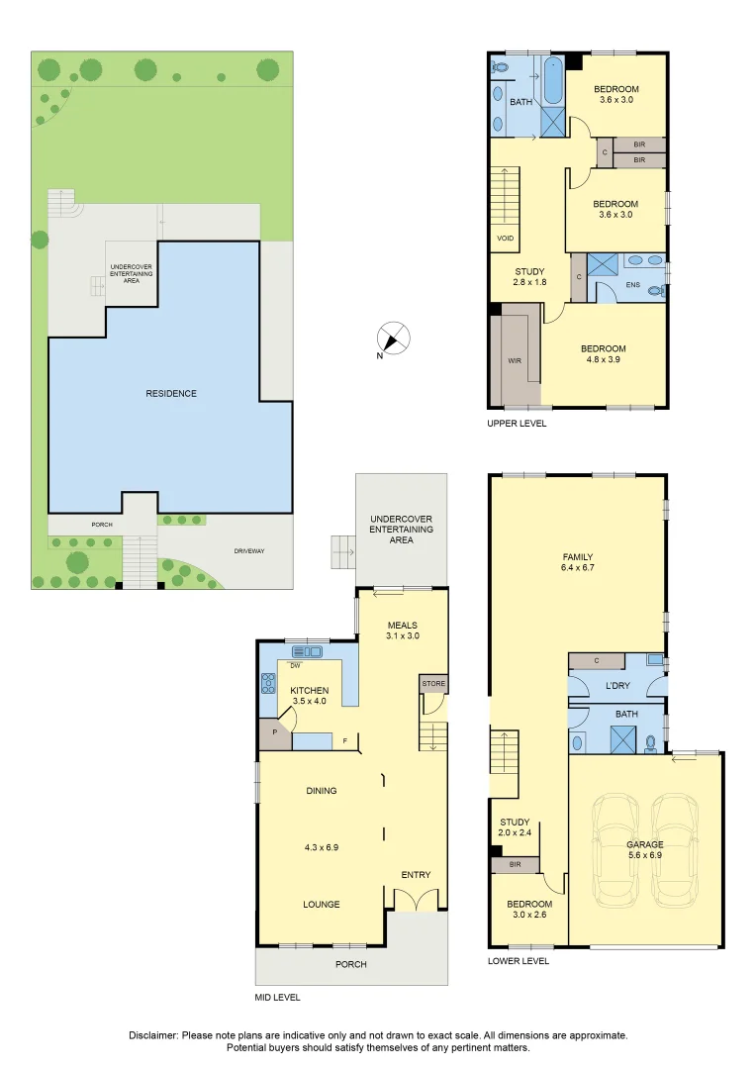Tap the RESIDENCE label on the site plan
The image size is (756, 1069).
click(171, 393)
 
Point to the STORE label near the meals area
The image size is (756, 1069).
click(432, 684)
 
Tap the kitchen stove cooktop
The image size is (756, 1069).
click(267, 682)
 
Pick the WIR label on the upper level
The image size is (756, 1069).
click(515, 361)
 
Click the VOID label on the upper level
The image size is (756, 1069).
click(503, 239)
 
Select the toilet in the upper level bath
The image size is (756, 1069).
click(501, 67)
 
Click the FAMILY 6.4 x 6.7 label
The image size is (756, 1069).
click(577, 561)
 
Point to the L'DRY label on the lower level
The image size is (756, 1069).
click(616, 685)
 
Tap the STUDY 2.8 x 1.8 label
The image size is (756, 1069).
click(530, 276)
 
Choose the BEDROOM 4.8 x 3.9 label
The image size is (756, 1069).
click(603, 354)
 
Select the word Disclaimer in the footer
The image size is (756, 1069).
click(153, 1034)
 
